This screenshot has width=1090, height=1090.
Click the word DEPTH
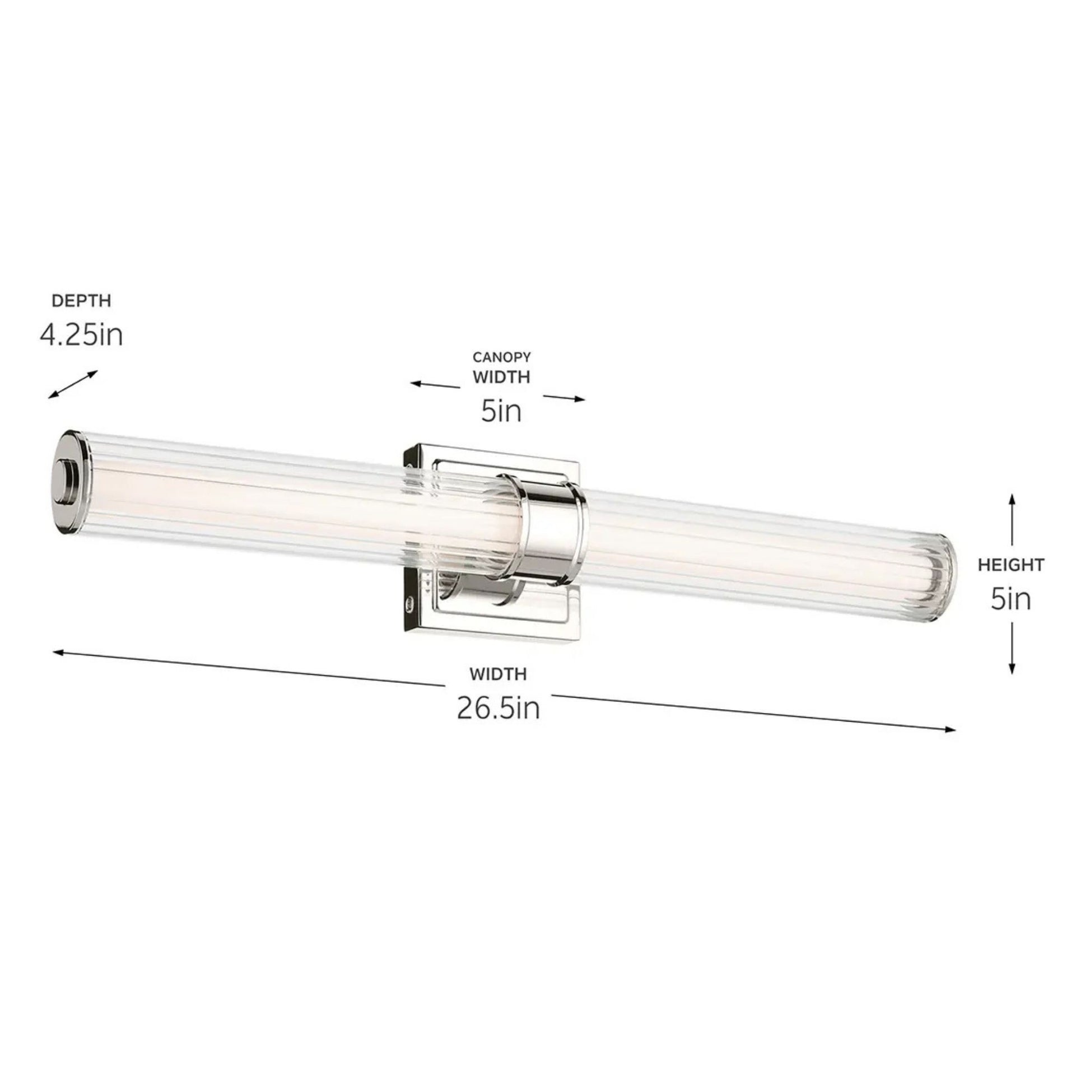[x=81, y=301]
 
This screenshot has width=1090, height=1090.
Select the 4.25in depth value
[x=81, y=335]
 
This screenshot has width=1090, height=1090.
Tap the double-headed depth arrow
[x=73, y=385]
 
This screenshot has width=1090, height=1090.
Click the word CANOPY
[x=501, y=357]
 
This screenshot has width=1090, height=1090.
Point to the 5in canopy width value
[x=501, y=411]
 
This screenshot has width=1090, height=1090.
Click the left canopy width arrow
[x=435, y=385]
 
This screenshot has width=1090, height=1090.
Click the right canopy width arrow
[x=564, y=398]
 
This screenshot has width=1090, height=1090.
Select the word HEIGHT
[x=1011, y=564]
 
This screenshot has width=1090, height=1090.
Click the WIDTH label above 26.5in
[x=498, y=673]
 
